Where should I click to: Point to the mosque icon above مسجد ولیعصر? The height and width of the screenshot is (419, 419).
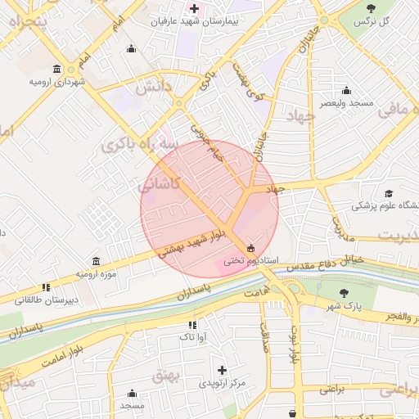click(x=346, y=90)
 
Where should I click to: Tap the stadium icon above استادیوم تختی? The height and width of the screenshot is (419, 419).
click(x=250, y=248)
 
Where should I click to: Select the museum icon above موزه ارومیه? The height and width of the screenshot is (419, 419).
click(x=97, y=260)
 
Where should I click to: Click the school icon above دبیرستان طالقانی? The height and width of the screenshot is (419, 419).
click(x=47, y=287)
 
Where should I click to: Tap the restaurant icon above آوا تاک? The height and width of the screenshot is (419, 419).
click(x=192, y=325)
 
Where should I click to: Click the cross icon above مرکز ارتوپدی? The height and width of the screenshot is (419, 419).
click(x=222, y=370)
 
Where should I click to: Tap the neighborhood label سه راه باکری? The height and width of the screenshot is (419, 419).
click(x=139, y=145)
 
